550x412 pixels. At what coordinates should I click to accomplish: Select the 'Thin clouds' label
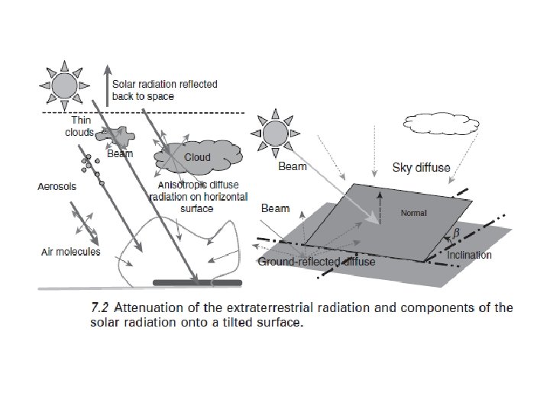click(x=80, y=126)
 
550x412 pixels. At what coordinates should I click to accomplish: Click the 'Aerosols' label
click(x=57, y=186)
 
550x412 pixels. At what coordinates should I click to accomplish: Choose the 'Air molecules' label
click(x=71, y=252)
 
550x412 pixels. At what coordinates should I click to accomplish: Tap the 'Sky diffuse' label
click(x=421, y=166)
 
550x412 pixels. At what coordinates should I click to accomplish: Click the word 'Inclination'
click(x=469, y=255)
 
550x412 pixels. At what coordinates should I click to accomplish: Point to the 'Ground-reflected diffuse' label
click(x=317, y=262)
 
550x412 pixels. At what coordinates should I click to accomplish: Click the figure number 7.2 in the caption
click(x=101, y=309)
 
